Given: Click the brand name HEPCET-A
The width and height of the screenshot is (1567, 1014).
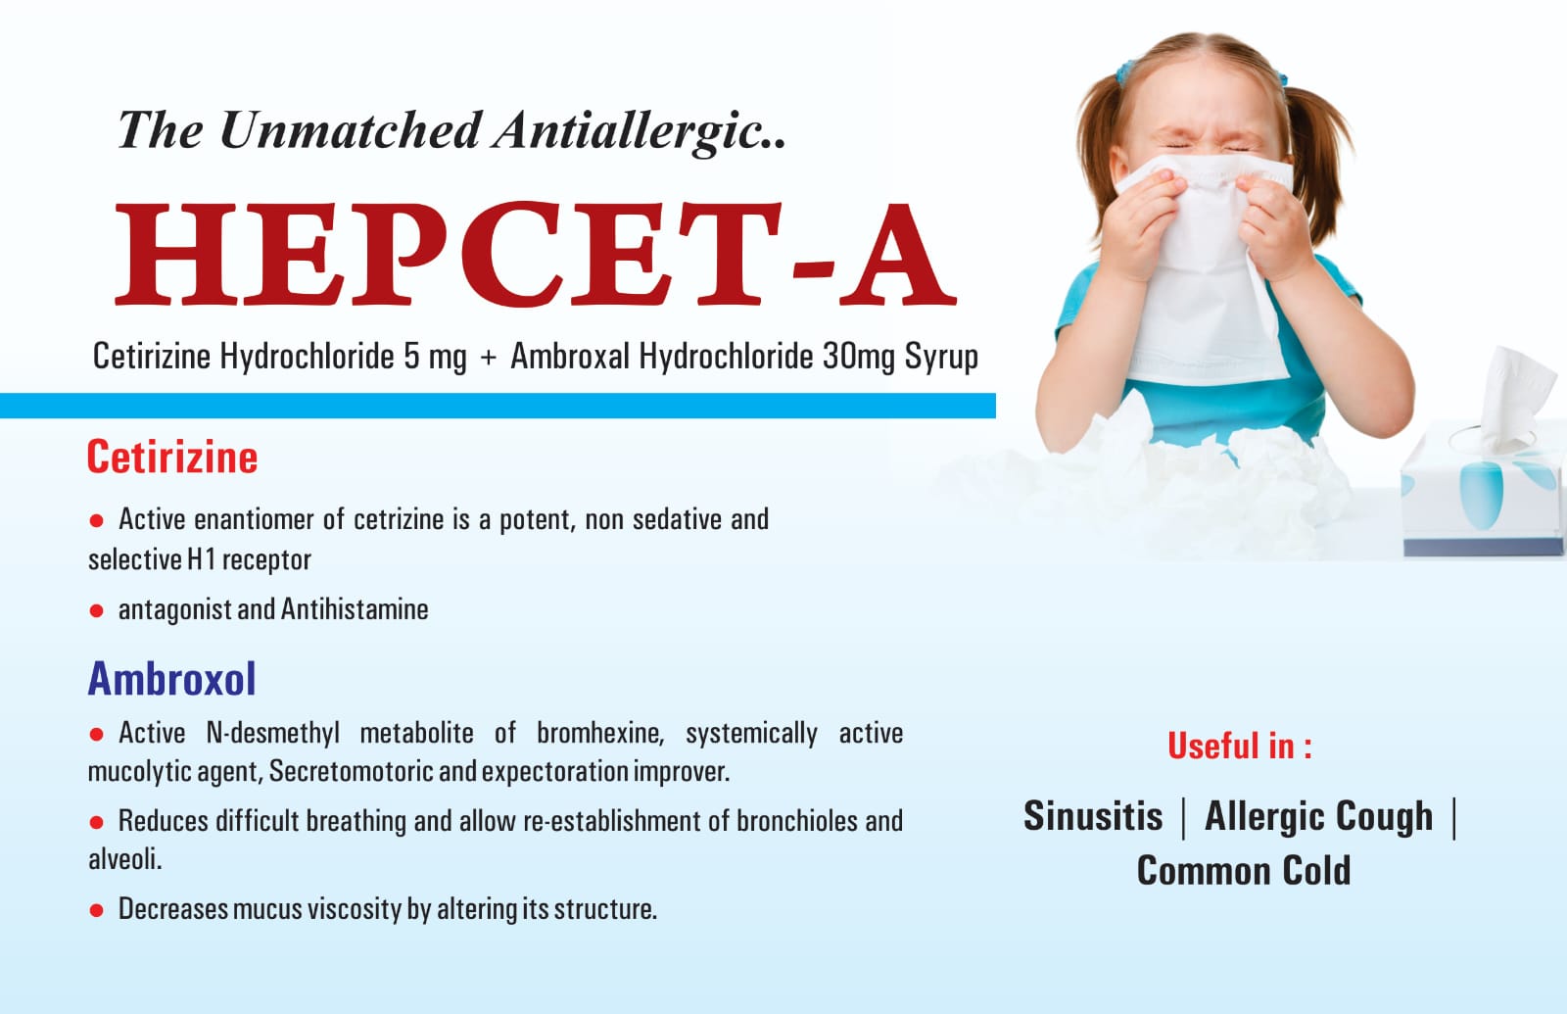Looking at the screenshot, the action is click(535, 254).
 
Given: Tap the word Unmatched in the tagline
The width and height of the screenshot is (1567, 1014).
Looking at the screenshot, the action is click(350, 130).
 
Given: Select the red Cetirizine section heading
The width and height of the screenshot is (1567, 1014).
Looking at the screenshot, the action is click(172, 458).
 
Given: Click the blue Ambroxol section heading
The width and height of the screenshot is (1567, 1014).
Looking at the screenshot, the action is click(172, 679).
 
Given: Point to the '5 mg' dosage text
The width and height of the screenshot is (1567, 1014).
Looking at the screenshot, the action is click(435, 357).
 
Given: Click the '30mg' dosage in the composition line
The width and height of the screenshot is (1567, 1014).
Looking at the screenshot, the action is click(858, 357).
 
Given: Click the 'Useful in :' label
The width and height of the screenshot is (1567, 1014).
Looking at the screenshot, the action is click(1240, 746).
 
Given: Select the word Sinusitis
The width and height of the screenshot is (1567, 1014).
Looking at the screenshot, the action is click(1093, 816).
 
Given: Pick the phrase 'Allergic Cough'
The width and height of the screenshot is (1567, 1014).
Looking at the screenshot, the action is click(1318, 817).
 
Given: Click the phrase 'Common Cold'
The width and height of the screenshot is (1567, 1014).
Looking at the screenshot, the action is click(1243, 871).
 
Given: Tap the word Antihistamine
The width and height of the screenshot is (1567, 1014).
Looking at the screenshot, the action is click(355, 609).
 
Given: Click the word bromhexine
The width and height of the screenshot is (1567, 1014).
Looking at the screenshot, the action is click(600, 734).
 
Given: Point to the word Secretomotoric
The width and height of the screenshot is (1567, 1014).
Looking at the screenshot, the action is click(352, 771).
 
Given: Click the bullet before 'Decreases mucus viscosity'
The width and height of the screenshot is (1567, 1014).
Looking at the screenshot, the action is click(97, 910).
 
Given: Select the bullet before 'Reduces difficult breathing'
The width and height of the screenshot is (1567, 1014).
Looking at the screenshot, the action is click(97, 822).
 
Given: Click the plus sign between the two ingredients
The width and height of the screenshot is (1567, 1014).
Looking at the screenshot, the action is click(489, 358).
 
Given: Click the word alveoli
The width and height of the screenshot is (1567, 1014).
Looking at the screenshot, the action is click(125, 858).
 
